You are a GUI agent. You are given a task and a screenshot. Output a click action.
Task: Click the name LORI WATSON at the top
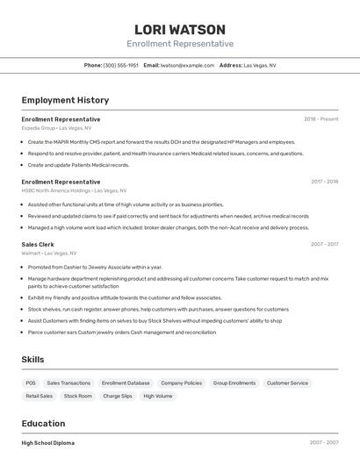[180, 29]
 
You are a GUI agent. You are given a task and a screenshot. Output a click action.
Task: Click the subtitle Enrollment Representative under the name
[180, 44]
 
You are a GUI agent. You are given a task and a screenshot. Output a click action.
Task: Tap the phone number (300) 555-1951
[120, 65]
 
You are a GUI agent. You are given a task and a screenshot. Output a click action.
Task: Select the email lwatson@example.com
[187, 65]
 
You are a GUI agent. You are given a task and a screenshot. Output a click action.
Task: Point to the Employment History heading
[65, 100]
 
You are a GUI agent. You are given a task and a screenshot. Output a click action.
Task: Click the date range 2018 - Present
[321, 119]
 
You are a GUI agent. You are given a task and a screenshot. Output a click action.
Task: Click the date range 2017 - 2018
[324, 182]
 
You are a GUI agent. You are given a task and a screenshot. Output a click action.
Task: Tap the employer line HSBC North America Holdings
[74, 190]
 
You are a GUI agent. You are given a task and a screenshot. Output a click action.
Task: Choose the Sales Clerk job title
[38, 245]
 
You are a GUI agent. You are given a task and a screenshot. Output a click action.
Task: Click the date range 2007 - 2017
[324, 245]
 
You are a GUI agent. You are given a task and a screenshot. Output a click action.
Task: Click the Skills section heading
[33, 360]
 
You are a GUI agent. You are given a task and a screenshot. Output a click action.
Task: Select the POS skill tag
[31, 383]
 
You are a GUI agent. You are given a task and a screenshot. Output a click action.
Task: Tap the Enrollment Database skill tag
[126, 383]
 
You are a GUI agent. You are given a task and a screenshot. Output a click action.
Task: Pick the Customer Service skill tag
[287, 383]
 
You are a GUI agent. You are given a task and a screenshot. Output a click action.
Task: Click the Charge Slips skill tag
[118, 396]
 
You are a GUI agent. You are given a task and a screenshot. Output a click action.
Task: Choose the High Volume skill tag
[158, 396]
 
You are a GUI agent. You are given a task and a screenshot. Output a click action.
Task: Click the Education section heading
[43, 424]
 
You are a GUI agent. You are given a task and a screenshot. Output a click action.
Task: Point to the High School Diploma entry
[48, 443]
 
